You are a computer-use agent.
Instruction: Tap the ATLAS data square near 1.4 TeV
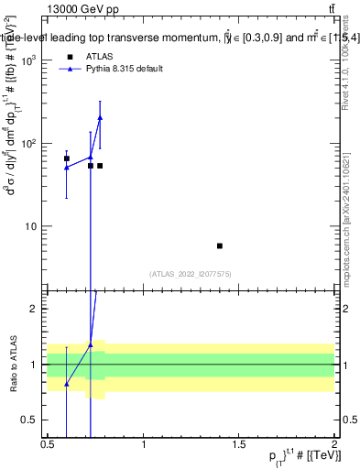pyautogui.click(x=220, y=245)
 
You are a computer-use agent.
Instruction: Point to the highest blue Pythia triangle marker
pyautogui.click(x=100, y=117)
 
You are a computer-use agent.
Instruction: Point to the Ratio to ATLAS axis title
pyautogui.click(x=14, y=364)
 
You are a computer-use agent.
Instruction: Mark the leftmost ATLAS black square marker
pyautogui.click(x=67, y=158)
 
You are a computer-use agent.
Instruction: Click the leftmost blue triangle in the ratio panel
pyautogui.click(x=67, y=384)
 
